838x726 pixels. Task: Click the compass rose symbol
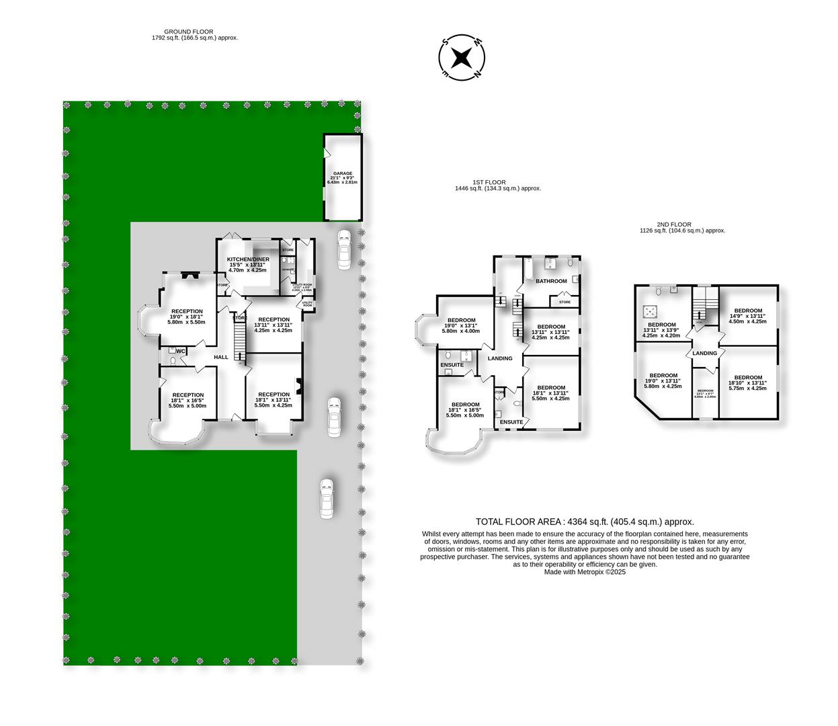coord(461,58)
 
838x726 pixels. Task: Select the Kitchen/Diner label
coord(248,259)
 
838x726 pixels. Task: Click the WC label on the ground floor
coord(181,351)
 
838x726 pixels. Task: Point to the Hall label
coord(222,358)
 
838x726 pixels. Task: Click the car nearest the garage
coord(343,249)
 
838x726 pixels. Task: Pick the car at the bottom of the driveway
coord(327,498)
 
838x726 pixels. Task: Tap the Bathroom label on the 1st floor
coord(551,281)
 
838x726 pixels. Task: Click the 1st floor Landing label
coord(500,358)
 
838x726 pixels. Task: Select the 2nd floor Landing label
coord(705,353)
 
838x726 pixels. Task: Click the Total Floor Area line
coord(585,522)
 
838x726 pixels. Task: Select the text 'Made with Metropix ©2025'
coord(585,572)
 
